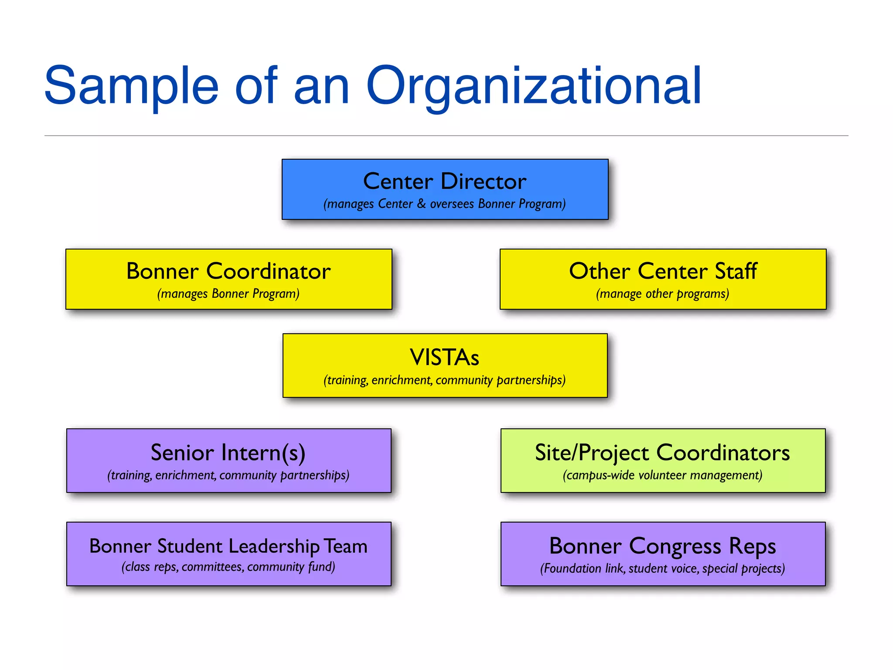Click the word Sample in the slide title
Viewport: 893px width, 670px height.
point(131,86)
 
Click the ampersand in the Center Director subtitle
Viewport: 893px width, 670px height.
point(421,204)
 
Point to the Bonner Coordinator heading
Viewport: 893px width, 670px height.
point(228,271)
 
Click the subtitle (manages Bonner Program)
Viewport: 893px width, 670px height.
point(228,294)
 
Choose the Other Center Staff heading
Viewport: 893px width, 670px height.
point(663,271)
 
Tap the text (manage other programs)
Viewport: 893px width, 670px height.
point(663,294)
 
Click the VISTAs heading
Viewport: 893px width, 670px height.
point(445,357)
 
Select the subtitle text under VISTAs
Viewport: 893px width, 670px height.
point(445,380)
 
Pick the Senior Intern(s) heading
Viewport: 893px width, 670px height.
point(228,452)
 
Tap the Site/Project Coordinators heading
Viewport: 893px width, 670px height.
point(663,452)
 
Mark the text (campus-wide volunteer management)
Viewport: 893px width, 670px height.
point(663,475)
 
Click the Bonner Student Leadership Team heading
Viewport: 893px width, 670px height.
point(228,546)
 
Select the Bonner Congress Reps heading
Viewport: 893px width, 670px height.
point(663,546)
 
